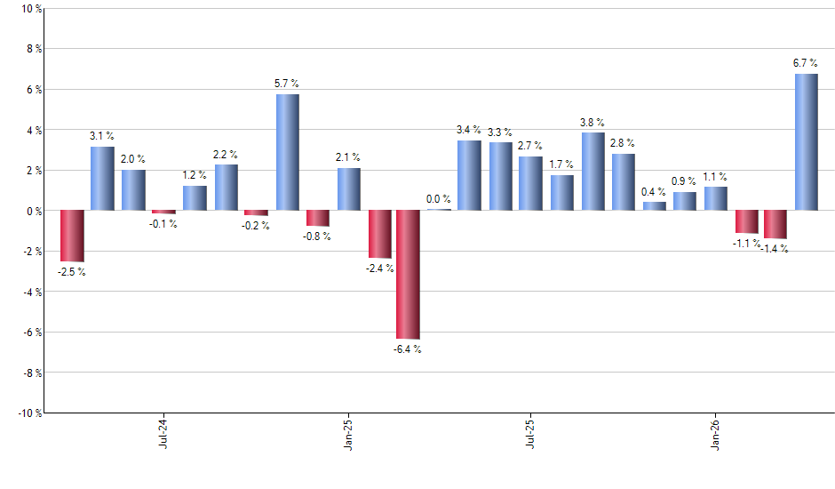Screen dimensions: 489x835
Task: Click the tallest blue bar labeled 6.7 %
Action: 806,142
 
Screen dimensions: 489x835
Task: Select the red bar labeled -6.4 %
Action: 408,275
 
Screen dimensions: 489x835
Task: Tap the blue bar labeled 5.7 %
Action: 287,152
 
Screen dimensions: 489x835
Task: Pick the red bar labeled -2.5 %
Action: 72,236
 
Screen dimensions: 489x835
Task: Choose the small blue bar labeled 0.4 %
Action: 654,206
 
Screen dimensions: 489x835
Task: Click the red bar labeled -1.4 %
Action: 775,224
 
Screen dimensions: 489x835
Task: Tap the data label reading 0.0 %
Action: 438,199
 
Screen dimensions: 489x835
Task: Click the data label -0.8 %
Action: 317,236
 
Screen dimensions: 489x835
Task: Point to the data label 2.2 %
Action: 227,154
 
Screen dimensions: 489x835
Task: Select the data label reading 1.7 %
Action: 561,164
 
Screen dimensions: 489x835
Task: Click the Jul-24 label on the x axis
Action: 164,432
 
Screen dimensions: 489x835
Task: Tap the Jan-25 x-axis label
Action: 348,432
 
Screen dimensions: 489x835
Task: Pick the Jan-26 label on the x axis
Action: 715,432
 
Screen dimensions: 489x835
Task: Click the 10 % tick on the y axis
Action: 30,9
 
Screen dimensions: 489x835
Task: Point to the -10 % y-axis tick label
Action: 28,413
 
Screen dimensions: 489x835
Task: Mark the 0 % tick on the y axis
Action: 33,211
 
